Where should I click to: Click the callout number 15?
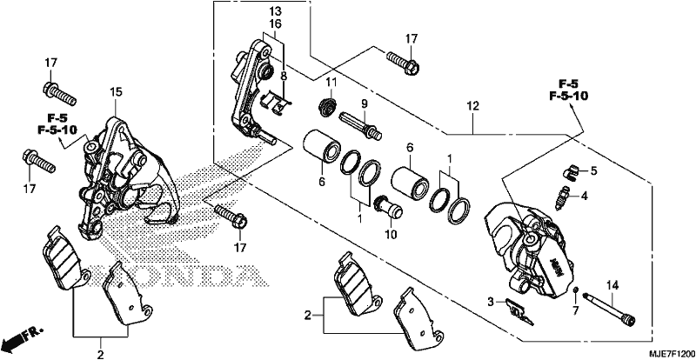pyautogui.click(x=116, y=92)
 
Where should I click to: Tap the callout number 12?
pyautogui.click(x=472, y=106)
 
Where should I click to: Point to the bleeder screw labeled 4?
pyautogui.click(x=562, y=197)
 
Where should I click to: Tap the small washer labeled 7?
pyautogui.click(x=575, y=290)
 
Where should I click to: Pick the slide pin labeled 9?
pyautogui.click(x=361, y=125)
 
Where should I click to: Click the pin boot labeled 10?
pyautogui.click(x=389, y=207)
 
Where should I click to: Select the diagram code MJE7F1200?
pyautogui.click(x=671, y=355)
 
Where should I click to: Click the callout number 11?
pyautogui.click(x=331, y=82)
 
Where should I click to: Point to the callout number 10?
pyautogui.click(x=391, y=234)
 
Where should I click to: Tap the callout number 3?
pyautogui.click(x=490, y=303)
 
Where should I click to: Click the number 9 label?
pyautogui.click(x=365, y=103)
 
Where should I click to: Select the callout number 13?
pyautogui.click(x=275, y=10)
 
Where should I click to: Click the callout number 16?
pyautogui.click(x=275, y=23)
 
